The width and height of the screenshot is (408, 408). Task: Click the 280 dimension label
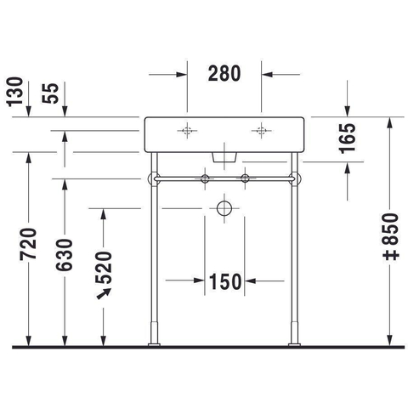[x=224, y=73]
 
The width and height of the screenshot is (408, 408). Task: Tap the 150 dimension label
[x=225, y=281]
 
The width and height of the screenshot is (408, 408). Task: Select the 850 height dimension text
[x=390, y=229]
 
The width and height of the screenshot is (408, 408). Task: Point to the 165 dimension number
[x=348, y=139]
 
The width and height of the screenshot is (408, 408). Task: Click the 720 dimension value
[x=28, y=244]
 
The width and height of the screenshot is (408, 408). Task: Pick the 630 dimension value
[x=65, y=255]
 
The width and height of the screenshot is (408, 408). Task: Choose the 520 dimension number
[x=104, y=268]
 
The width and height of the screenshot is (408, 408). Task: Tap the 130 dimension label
[x=14, y=92]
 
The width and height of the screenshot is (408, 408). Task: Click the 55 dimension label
[x=50, y=93]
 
